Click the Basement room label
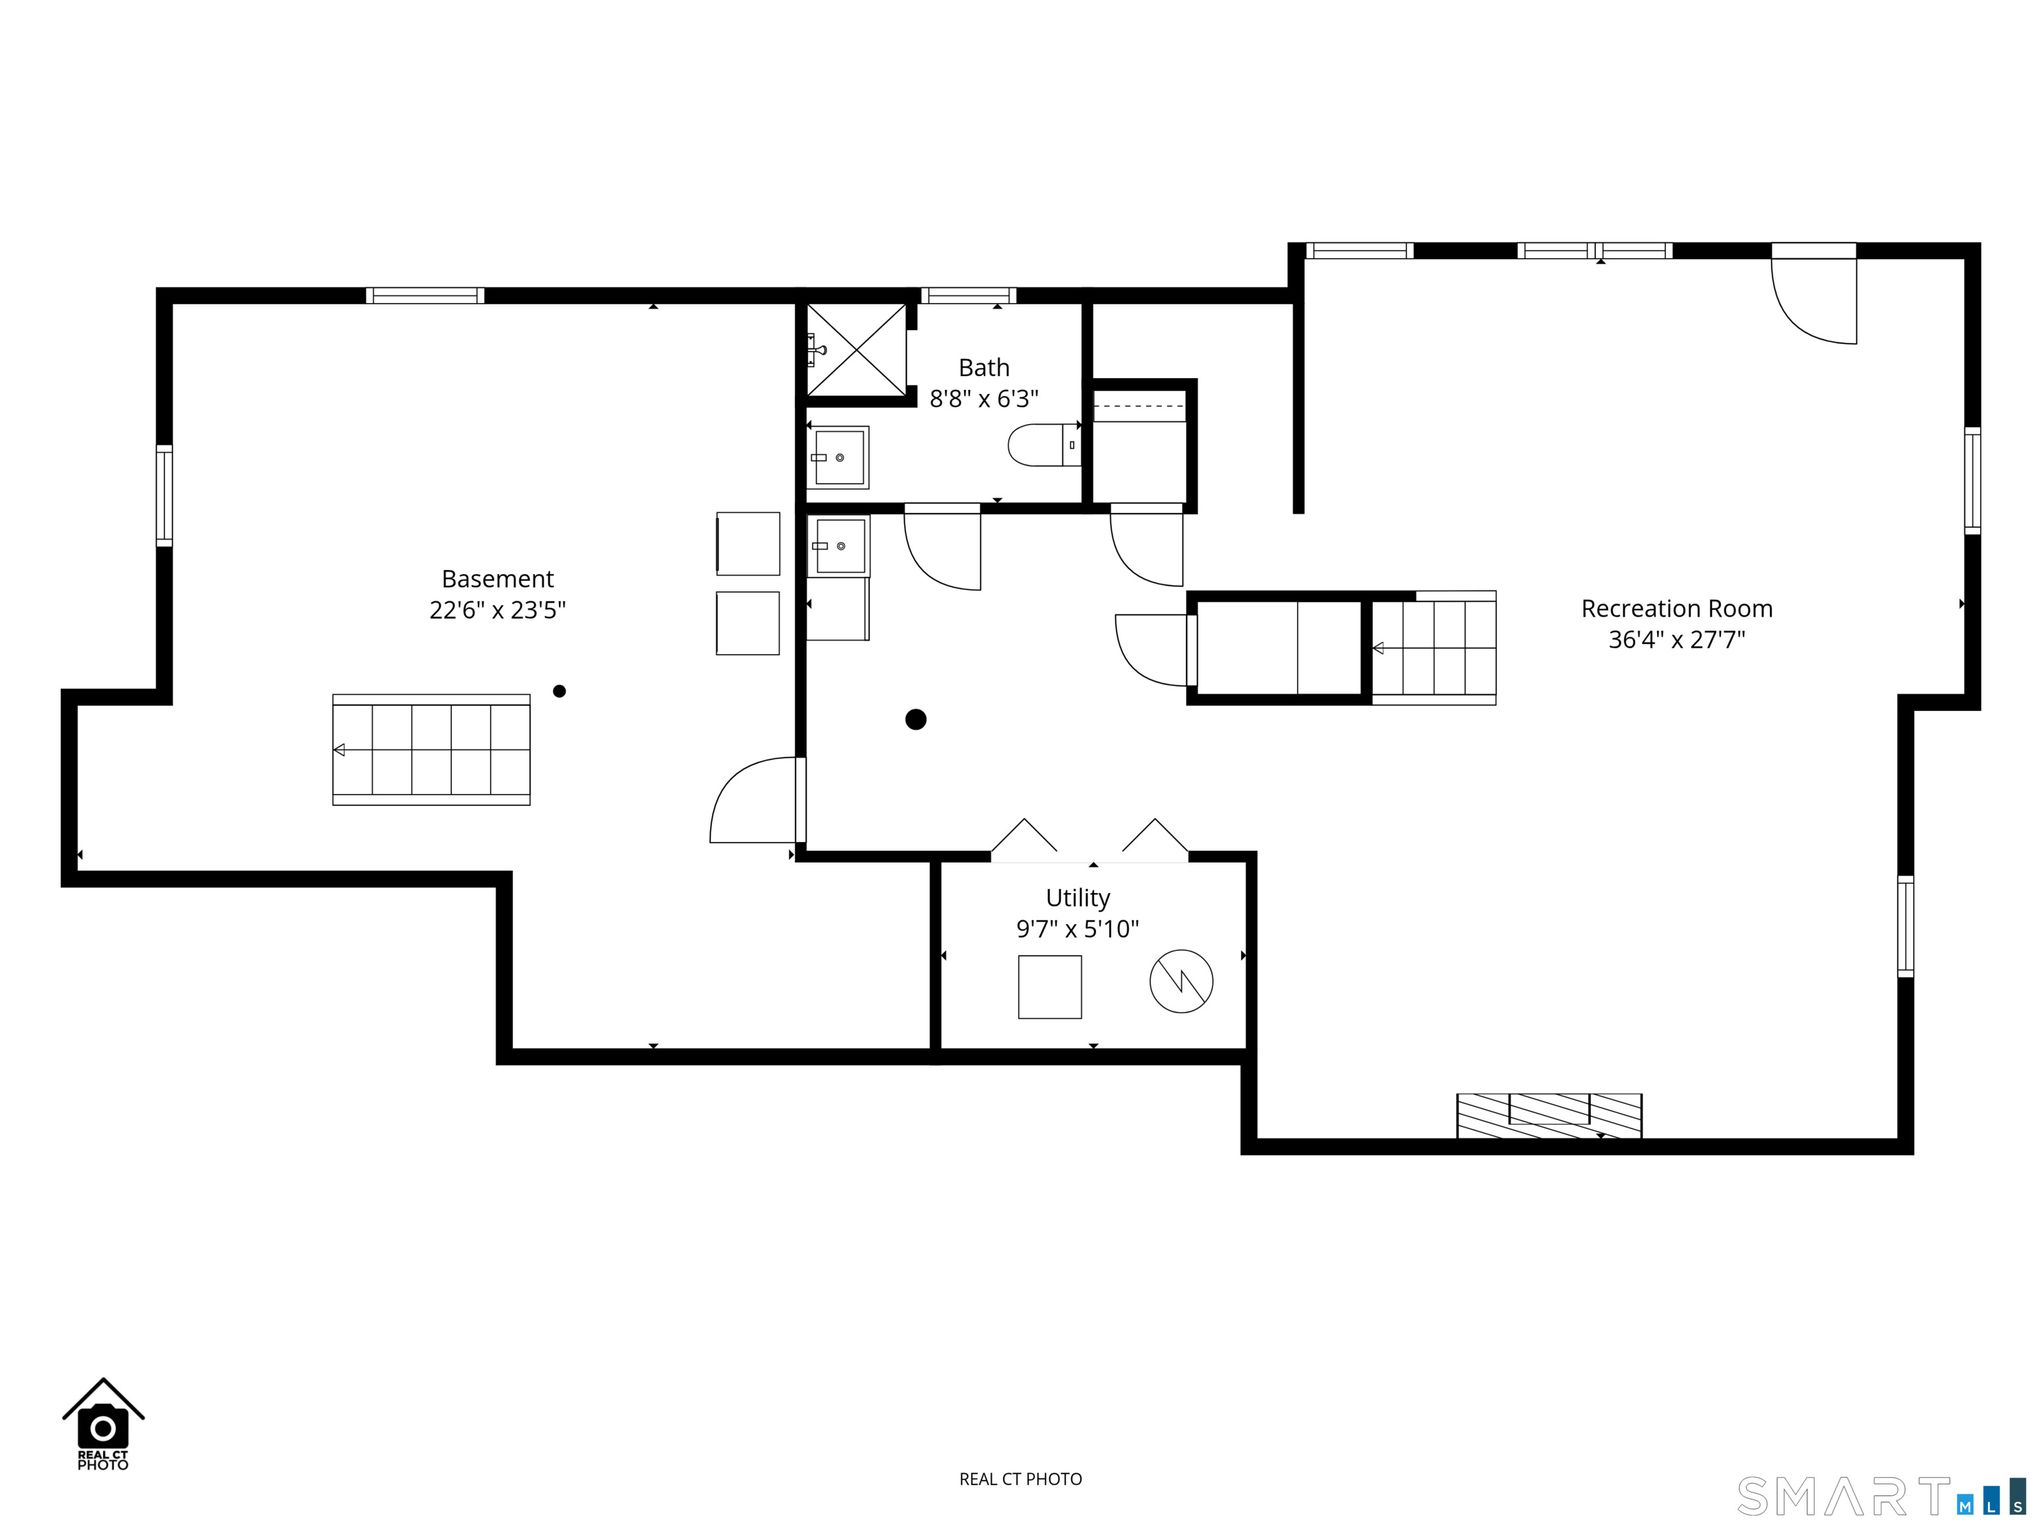[x=498, y=579]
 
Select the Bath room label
[x=984, y=367]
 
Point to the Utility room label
[x=1078, y=898]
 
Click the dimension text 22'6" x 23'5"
[x=498, y=610]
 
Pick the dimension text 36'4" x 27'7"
[x=1676, y=639]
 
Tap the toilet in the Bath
[x=1044, y=445]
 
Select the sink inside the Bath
[x=838, y=457]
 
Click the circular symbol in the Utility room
[x=1181, y=981]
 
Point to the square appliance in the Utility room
[x=1050, y=987]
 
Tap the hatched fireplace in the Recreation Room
[x=1549, y=1116]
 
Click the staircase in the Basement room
[x=431, y=750]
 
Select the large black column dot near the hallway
[x=916, y=719]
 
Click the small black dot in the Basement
[x=560, y=691]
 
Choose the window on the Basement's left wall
[x=164, y=496]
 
